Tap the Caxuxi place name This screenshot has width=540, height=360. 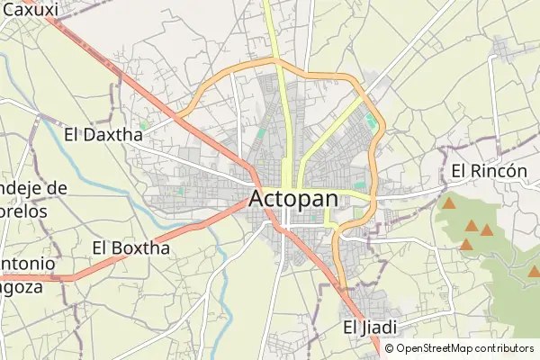click(x=31, y=10)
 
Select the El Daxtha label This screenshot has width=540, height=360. click(x=103, y=135)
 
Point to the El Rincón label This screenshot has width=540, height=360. click(x=489, y=171)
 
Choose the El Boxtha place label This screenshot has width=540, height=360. click(x=131, y=247)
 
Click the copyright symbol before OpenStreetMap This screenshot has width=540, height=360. click(x=390, y=348)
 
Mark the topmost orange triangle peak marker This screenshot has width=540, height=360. click(x=448, y=203)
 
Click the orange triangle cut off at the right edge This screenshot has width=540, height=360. click(x=534, y=270)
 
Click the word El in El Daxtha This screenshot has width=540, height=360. click(x=74, y=135)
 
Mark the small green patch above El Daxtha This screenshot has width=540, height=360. click(x=143, y=123)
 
